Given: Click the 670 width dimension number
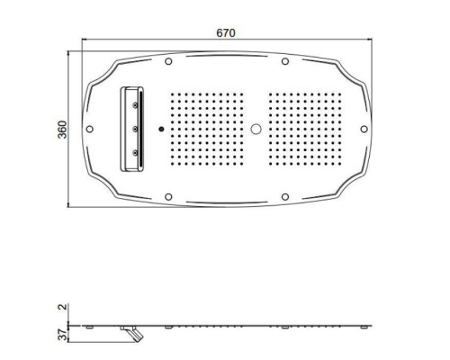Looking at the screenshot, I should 225,32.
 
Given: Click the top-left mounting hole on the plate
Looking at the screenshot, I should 168,61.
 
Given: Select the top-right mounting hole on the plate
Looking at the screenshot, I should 284,61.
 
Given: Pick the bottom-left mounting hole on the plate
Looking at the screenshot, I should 168,196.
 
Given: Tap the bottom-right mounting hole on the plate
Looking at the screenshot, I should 284,196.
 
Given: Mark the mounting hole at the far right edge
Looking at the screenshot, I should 364,129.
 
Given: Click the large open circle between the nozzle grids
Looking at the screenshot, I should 258,129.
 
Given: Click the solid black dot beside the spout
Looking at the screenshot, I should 161,129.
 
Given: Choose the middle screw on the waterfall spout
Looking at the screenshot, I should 135,130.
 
